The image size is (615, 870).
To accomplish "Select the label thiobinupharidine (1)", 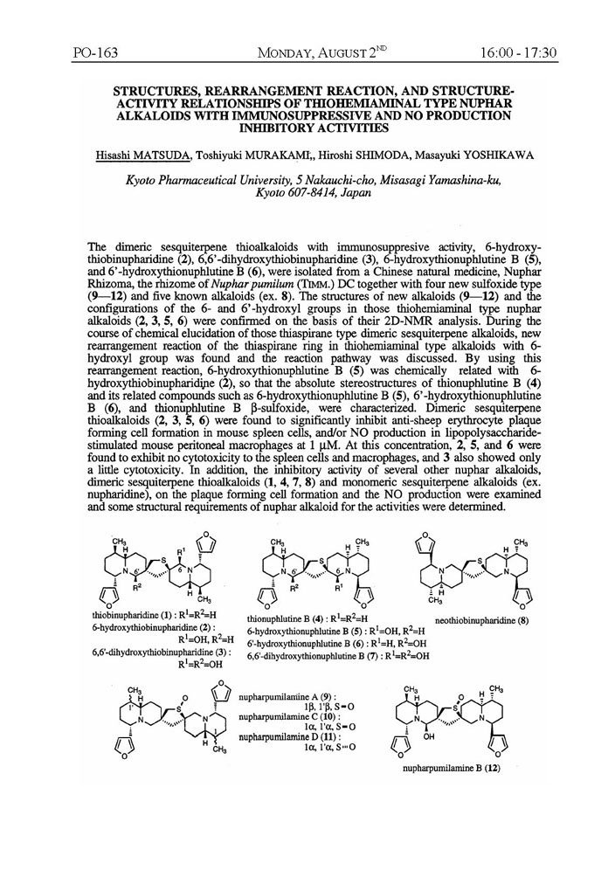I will pyautogui.click(x=133, y=617).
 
